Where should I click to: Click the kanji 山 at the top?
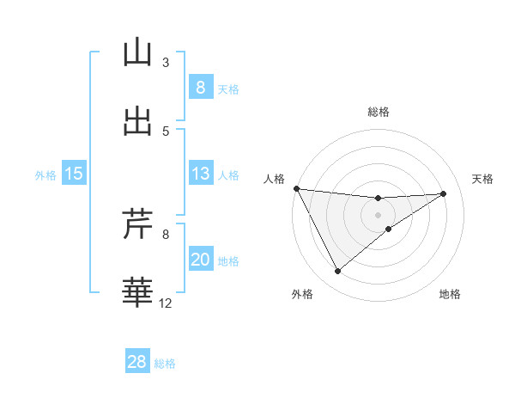pyautogui.click(x=137, y=52)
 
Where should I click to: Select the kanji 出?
pyautogui.click(x=137, y=120)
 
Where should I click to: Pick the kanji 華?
pyautogui.click(x=137, y=292)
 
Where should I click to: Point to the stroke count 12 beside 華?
pyautogui.click(x=166, y=303)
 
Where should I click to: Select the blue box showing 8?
pyautogui.click(x=200, y=87)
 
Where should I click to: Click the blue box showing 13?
pyautogui.click(x=200, y=174)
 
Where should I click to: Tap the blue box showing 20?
pyautogui.click(x=200, y=260)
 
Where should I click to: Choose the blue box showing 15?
pyautogui.click(x=74, y=174)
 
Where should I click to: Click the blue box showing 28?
pyautogui.click(x=137, y=362)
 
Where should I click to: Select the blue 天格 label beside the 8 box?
pyautogui.click(x=228, y=89)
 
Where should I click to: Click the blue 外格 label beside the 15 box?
pyautogui.click(x=45, y=175)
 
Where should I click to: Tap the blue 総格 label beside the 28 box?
pyautogui.click(x=165, y=364)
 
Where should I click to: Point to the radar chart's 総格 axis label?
pyautogui.click(x=378, y=112)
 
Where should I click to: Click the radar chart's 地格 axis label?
pyautogui.click(x=450, y=295)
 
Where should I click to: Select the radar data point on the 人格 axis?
pyautogui.click(x=296, y=188)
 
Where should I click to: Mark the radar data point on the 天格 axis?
pyautogui.click(x=444, y=193)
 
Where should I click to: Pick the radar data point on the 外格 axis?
pyautogui.click(x=337, y=272)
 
